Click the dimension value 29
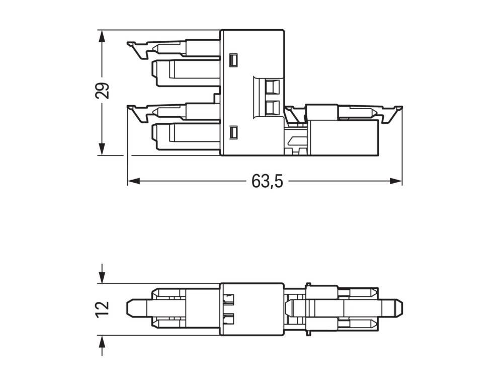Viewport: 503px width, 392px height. pos(102,91)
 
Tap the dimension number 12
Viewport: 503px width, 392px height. pos(102,308)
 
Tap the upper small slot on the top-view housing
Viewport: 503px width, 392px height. pos(232,60)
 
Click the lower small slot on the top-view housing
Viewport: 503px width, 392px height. pos(232,132)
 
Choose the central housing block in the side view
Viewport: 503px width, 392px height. pos(252,309)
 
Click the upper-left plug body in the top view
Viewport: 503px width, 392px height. pos(186,70)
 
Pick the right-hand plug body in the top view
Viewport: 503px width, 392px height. pos(342,137)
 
